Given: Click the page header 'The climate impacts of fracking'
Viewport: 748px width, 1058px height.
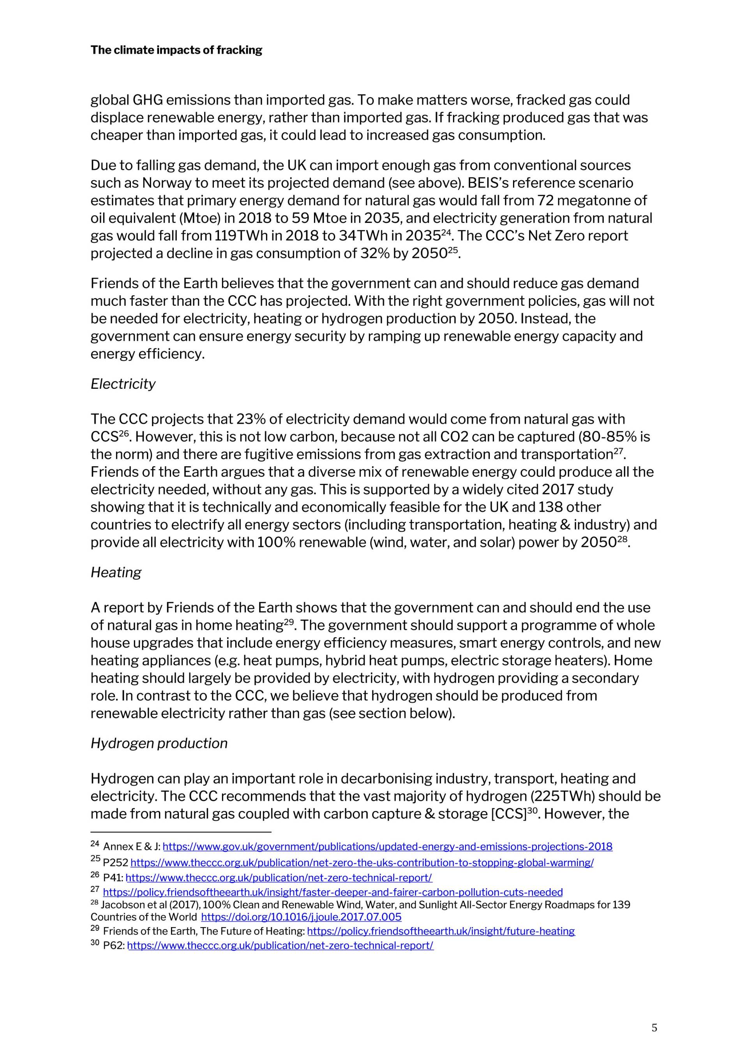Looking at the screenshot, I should pyautogui.click(x=176, y=50).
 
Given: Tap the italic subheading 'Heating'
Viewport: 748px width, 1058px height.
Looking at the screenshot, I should pyautogui.click(x=116, y=572).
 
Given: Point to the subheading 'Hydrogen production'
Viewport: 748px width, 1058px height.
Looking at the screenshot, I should pyautogui.click(x=159, y=743).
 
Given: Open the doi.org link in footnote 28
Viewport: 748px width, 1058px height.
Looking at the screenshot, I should pyautogui.click(x=302, y=917).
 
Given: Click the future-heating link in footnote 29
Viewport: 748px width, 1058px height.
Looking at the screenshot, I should pyautogui.click(x=441, y=931).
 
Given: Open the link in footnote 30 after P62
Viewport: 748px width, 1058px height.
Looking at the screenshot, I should pyautogui.click(x=280, y=945).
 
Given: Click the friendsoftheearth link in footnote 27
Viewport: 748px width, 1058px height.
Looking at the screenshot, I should pyautogui.click(x=332, y=892).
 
